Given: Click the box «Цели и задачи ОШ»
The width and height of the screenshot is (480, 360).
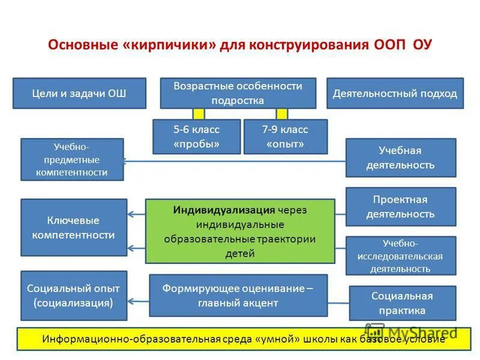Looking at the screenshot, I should pyautogui.click(x=79, y=94).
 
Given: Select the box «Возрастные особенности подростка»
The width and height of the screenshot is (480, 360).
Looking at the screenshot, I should pyautogui.click(x=238, y=94).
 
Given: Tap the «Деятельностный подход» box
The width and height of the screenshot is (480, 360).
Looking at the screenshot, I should pyautogui.click(x=395, y=94).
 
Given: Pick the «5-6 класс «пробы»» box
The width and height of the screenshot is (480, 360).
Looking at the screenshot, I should pyautogui.click(x=197, y=137).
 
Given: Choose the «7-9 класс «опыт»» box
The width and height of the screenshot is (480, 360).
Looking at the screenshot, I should pyautogui.click(x=285, y=137).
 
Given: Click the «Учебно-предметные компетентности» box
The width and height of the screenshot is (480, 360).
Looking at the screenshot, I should pyautogui.click(x=72, y=160).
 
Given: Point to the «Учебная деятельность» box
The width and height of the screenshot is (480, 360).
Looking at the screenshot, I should pyautogui.click(x=400, y=158).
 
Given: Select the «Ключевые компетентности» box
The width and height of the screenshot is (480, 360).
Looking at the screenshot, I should pyautogui.click(x=74, y=227).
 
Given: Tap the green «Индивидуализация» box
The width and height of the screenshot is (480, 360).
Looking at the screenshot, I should pyautogui.click(x=240, y=232).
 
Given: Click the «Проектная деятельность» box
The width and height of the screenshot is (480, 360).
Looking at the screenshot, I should pyautogui.click(x=400, y=207).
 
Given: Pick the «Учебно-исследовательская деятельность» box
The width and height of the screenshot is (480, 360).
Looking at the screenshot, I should pyautogui.click(x=400, y=256).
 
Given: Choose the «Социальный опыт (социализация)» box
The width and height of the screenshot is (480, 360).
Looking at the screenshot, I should pyautogui.click(x=74, y=295).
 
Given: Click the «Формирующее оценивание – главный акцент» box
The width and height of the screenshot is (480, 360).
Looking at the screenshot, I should pyautogui.click(x=238, y=295).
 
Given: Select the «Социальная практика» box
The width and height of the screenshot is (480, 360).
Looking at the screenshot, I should pyautogui.click(x=402, y=303).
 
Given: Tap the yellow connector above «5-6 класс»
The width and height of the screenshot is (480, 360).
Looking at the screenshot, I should pyautogui.click(x=199, y=114).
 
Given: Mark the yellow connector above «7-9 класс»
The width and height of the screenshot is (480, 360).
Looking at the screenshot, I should pyautogui.click(x=281, y=114).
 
